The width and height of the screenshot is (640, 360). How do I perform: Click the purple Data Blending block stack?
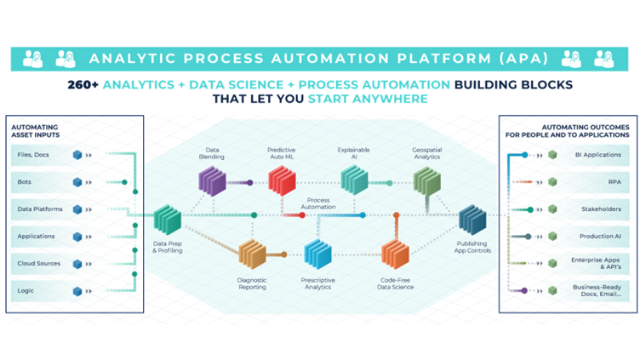pos(213,180)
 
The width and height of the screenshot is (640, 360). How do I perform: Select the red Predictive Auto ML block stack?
pos(282,180)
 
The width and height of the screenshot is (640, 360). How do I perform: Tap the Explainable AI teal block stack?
pos(354,180)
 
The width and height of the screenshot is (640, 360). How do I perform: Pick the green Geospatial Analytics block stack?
pos(426,180)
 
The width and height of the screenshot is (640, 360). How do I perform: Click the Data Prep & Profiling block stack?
pos(168,221)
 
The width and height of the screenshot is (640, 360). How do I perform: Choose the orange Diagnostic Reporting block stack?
pos(253,254)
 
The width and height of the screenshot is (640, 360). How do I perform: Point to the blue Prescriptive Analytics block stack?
pos(317,254)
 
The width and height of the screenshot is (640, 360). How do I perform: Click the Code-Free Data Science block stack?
pos(395,254)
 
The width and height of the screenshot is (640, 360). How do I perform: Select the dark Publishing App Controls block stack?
pos(472,221)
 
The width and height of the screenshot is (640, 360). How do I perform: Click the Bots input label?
pos(25,181)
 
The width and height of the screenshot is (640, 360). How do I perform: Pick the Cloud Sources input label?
pos(39,263)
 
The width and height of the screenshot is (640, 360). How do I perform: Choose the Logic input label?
pos(26,290)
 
